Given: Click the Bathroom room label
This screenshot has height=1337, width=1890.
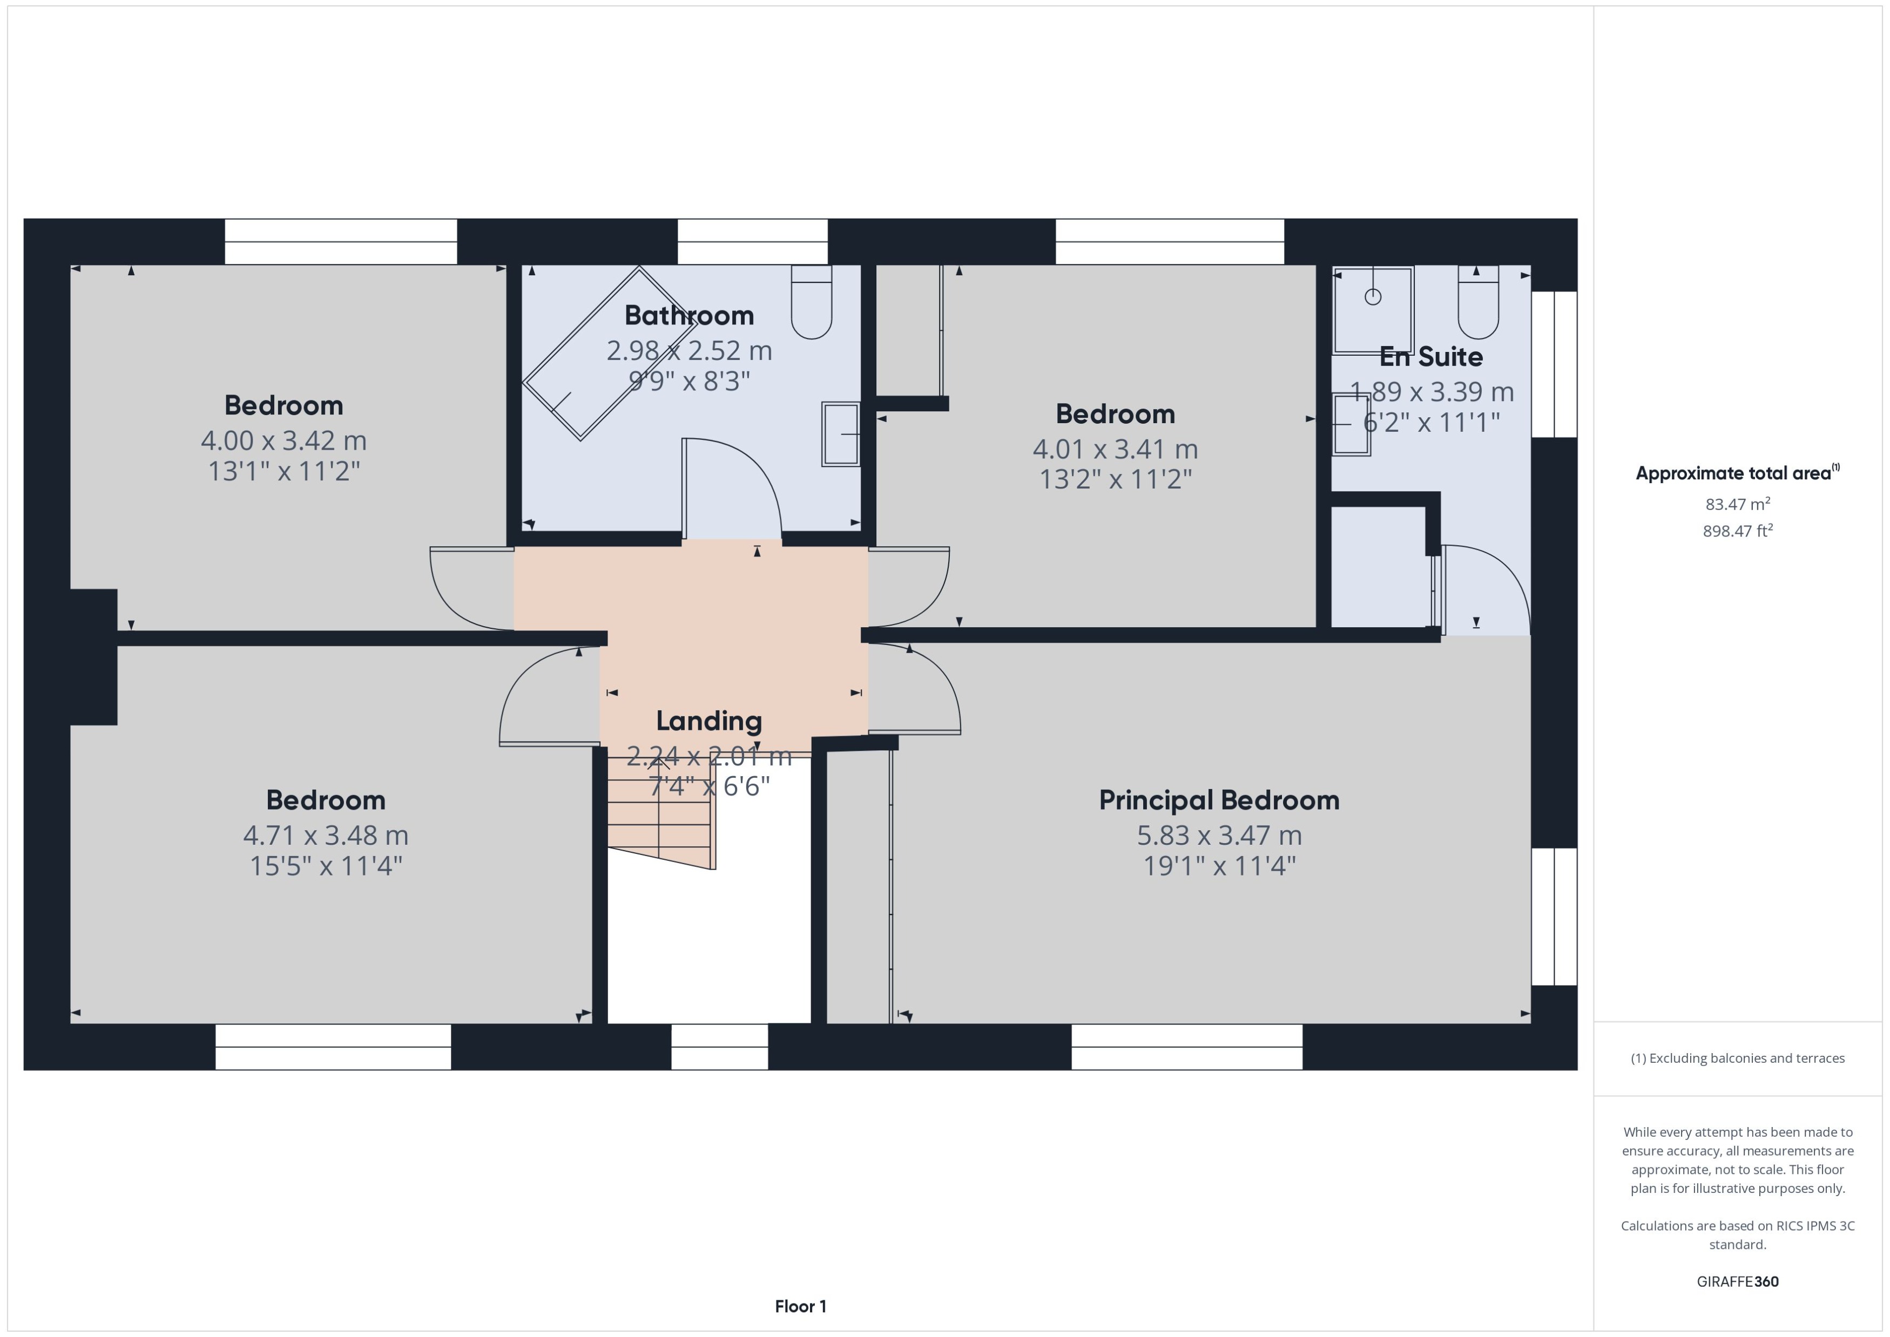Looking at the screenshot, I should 688,315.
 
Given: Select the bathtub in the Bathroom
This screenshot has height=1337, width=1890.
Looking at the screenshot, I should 610,354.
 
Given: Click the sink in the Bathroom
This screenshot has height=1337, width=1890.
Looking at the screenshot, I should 840,434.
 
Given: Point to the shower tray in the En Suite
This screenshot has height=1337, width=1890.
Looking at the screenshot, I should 1372,309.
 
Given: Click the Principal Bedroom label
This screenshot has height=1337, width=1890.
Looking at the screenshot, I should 1219,800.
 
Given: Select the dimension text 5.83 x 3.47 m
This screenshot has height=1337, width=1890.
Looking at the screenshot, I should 1219,836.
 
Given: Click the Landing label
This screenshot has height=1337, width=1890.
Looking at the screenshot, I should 708,721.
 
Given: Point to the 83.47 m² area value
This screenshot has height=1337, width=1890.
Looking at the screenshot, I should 1737,504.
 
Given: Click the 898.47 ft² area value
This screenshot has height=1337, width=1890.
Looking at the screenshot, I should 1737,531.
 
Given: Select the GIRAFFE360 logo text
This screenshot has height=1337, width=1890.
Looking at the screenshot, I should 1737,1282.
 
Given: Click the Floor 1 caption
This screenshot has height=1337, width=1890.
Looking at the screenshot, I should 800,1307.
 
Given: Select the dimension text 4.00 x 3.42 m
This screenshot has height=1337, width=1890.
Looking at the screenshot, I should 283,440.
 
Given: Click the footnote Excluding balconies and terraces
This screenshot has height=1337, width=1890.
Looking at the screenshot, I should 1737,1058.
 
